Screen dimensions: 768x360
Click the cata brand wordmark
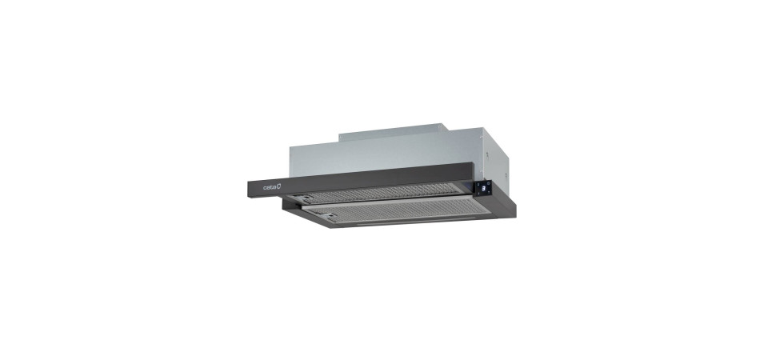[270, 187]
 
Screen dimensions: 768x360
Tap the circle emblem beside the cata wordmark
[279, 186]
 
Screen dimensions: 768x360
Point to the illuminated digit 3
[484, 188]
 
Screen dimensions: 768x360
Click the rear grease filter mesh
[377, 192]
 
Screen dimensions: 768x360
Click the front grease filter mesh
[398, 210]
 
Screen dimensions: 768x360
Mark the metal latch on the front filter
[325, 215]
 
